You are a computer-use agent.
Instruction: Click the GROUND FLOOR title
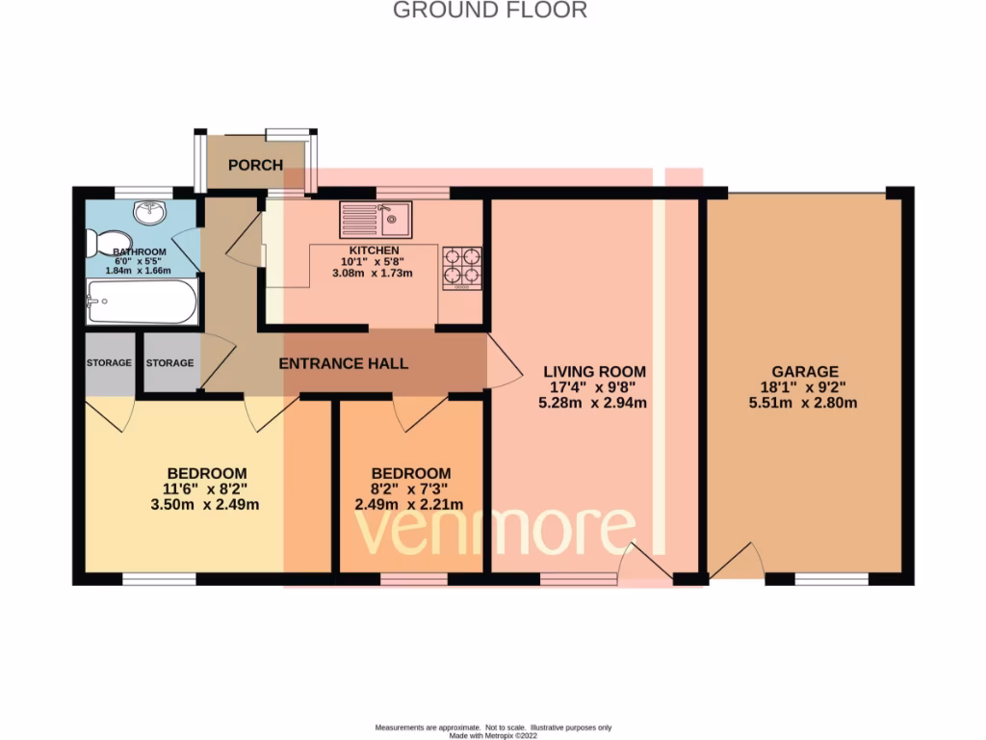click(490, 11)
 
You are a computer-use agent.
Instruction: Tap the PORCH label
click(255, 165)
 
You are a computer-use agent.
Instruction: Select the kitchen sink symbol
click(376, 221)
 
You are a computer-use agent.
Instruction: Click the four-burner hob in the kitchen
click(461, 267)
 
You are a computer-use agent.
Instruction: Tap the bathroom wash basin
click(148, 211)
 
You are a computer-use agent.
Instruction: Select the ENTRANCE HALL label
click(343, 363)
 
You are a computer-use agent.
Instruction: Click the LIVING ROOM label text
click(594, 371)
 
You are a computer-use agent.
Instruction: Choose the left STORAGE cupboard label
click(109, 363)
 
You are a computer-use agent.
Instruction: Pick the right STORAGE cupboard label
click(170, 363)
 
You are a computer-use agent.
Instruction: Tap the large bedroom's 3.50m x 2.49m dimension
click(206, 504)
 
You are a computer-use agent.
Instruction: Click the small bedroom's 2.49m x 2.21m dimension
click(410, 504)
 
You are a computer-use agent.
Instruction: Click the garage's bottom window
click(830, 579)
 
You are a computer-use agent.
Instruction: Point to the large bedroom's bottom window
click(159, 579)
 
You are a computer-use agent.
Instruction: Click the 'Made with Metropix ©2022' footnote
click(492, 734)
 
